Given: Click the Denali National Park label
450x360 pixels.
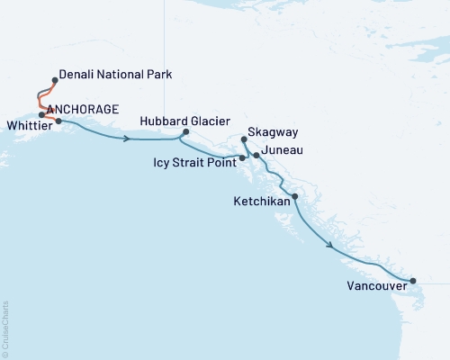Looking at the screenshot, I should coord(115,74).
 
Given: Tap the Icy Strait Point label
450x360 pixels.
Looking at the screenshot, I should coord(193,164).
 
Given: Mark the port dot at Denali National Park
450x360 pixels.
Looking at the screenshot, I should coord(56,80).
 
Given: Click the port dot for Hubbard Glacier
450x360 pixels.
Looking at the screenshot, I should coord(184,132).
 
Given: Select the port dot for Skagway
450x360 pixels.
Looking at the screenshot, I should coord(244,139).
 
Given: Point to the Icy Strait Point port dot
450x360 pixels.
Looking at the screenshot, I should coord(242,158).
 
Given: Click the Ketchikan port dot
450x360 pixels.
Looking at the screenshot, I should coord(294,196).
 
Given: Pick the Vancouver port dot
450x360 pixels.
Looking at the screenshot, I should coord(413,281).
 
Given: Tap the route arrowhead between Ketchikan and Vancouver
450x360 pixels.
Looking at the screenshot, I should coord(331,244).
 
